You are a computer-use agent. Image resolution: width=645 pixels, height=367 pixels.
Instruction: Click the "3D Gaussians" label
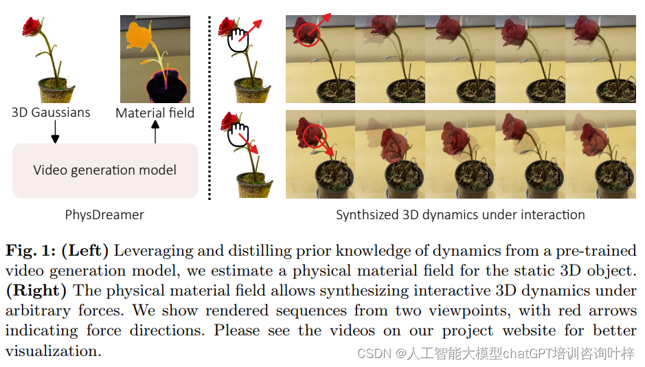51,112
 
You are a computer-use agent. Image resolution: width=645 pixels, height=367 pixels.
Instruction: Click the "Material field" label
155,113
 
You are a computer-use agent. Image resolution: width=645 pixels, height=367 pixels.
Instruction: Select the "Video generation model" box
105,170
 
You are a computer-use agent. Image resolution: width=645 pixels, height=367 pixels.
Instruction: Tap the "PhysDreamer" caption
104,214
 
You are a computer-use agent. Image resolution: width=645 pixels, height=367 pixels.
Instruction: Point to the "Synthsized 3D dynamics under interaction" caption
460,214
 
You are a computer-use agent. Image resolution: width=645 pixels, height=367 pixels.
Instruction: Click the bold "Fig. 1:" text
31,251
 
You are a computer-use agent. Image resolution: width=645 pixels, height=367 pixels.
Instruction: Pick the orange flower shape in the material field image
141,34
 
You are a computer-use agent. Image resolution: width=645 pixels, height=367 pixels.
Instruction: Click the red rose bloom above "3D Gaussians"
32,26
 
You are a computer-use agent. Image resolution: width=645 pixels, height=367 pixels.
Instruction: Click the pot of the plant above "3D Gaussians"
56,89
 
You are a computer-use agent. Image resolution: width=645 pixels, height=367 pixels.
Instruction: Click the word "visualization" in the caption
52,351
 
